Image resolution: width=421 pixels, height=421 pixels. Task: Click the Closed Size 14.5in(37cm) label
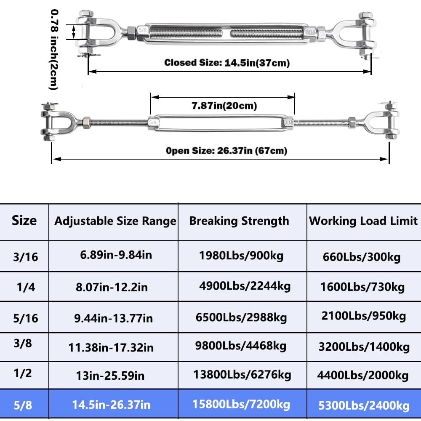[x=227, y=63]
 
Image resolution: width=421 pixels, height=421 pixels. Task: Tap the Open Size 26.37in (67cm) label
[x=226, y=151]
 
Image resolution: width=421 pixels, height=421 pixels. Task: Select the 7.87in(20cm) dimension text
[x=224, y=106]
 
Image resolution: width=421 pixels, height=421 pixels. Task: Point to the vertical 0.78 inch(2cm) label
[x=54, y=50]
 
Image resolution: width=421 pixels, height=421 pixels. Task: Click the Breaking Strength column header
[x=239, y=221]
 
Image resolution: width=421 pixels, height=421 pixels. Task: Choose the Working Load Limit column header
[x=363, y=221]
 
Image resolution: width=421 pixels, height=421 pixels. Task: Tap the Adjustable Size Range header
[x=115, y=221]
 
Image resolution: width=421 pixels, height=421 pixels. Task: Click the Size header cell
[x=24, y=221]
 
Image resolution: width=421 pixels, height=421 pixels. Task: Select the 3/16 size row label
[x=26, y=257]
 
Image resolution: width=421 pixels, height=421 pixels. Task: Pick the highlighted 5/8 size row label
[x=23, y=405]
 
